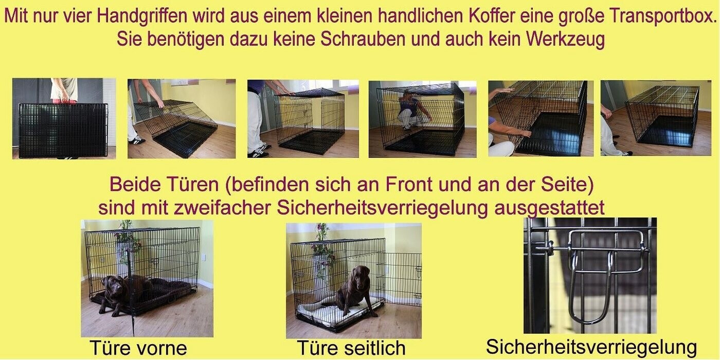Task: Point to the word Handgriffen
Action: tap(142, 16)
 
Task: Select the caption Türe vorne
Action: tap(138, 348)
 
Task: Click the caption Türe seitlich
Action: tap(351, 348)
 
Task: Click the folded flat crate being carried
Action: tap(63, 130)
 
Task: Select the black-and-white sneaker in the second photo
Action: tap(137, 140)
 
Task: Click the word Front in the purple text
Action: tap(409, 185)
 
